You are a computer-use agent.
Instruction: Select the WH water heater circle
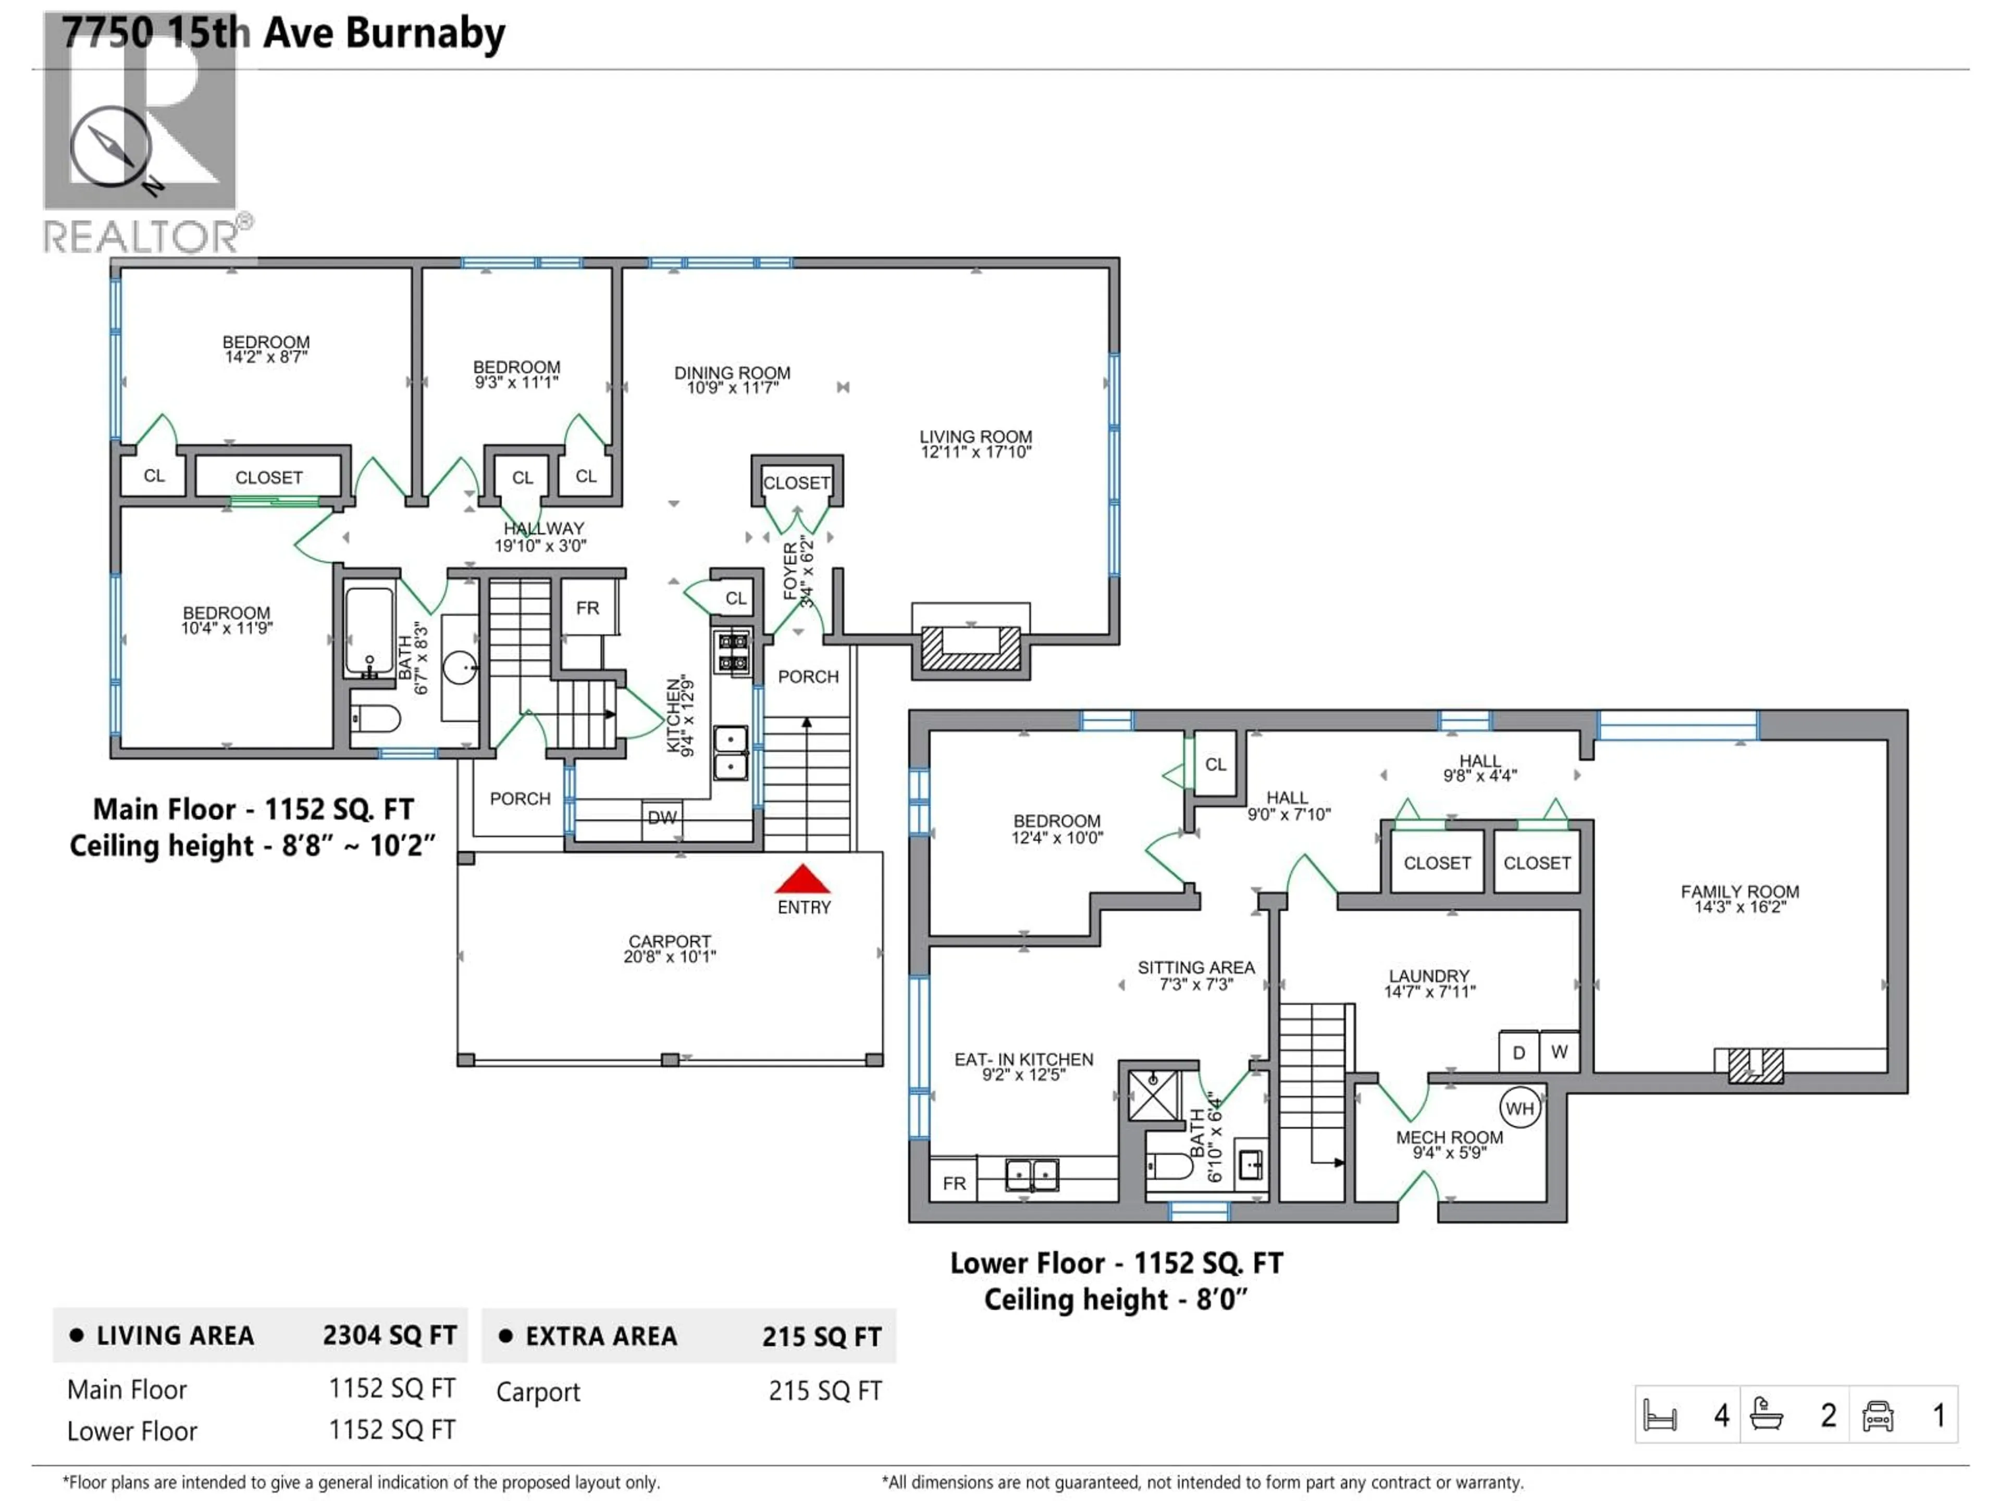point(1519,1109)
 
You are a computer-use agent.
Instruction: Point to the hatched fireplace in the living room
point(970,649)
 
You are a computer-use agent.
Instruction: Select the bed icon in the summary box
point(1660,1416)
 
